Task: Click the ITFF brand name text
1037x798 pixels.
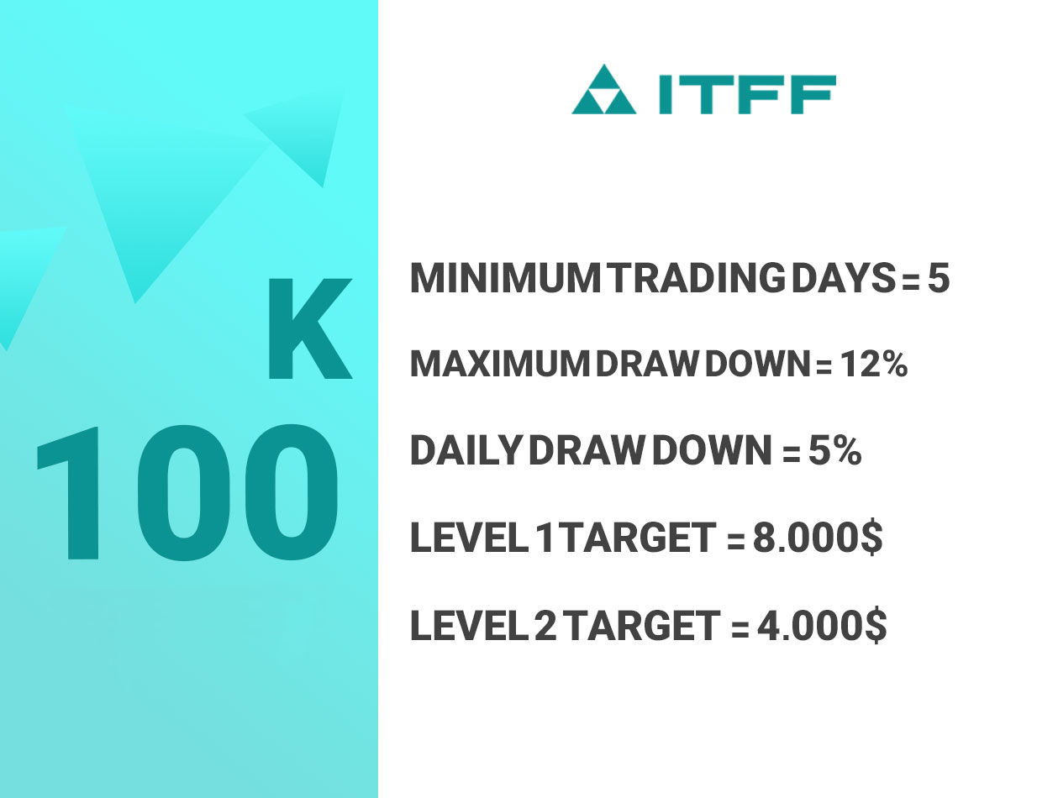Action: (747, 94)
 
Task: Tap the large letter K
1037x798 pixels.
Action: (309, 328)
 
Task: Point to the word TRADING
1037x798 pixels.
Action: (698, 278)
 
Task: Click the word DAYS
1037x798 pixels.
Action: (844, 278)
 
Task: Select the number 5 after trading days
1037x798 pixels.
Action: (938, 278)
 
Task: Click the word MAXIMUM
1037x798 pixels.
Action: (501, 365)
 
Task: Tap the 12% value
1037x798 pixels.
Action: (873, 365)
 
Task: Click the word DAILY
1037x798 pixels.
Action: (465, 450)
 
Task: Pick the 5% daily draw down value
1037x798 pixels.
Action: (834, 450)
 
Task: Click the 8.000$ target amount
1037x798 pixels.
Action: (818, 538)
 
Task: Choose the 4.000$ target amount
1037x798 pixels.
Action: (822, 625)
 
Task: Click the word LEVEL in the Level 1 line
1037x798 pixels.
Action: (466, 538)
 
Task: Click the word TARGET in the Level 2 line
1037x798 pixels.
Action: (644, 625)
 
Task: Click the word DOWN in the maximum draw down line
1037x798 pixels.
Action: (757, 365)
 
